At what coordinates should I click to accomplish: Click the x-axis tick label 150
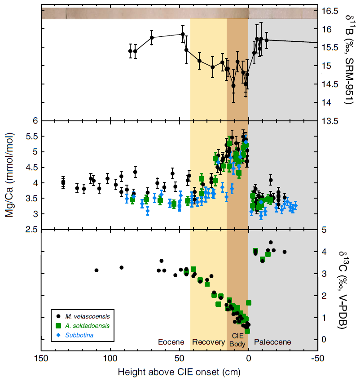41,359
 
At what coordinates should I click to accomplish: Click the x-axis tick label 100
110,359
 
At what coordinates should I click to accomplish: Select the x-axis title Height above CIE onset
179,372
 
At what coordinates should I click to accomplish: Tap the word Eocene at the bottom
171,342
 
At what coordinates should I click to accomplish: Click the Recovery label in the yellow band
208,342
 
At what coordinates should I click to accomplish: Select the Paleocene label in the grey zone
272,342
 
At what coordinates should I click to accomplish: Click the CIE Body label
237,340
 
